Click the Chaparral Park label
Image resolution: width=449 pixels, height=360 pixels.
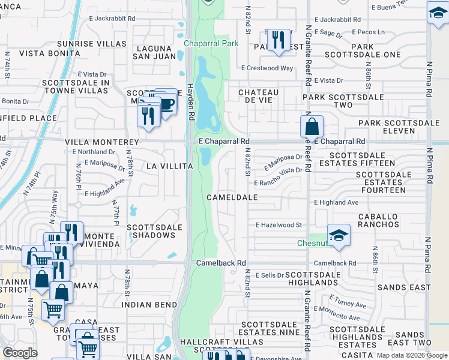tap(211, 43)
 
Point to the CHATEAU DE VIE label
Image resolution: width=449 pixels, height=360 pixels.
tap(259, 96)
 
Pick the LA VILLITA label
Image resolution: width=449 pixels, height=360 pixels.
tap(169, 166)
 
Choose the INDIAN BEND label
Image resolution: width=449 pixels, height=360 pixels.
tap(144, 305)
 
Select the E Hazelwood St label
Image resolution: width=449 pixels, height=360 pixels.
tap(278, 225)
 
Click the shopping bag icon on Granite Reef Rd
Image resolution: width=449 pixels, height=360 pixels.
tap(312, 126)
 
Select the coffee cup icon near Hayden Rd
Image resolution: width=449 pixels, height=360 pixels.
tap(167, 104)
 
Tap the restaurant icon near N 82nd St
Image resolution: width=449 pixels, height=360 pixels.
tap(277, 40)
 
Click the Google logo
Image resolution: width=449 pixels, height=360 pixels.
tap(20, 352)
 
